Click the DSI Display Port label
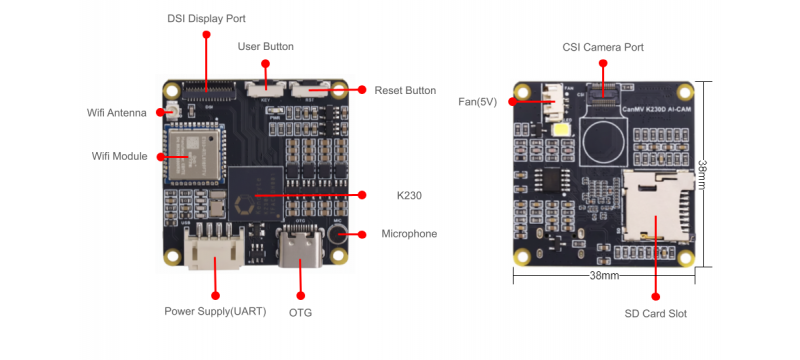pyautogui.click(x=206, y=18)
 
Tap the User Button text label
pyautogui.click(x=265, y=46)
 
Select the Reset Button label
pyautogui.click(x=405, y=90)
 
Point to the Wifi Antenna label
pyautogui.click(x=117, y=113)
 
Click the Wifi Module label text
pyautogui.click(x=119, y=156)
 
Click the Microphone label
pyautogui.click(x=409, y=234)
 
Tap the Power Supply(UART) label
pyautogui.click(x=215, y=311)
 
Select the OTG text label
pyautogui.click(x=301, y=311)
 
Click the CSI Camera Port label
pyautogui.click(x=602, y=47)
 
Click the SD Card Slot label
pyautogui.click(x=655, y=313)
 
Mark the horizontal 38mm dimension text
pyautogui.click(x=603, y=275)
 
